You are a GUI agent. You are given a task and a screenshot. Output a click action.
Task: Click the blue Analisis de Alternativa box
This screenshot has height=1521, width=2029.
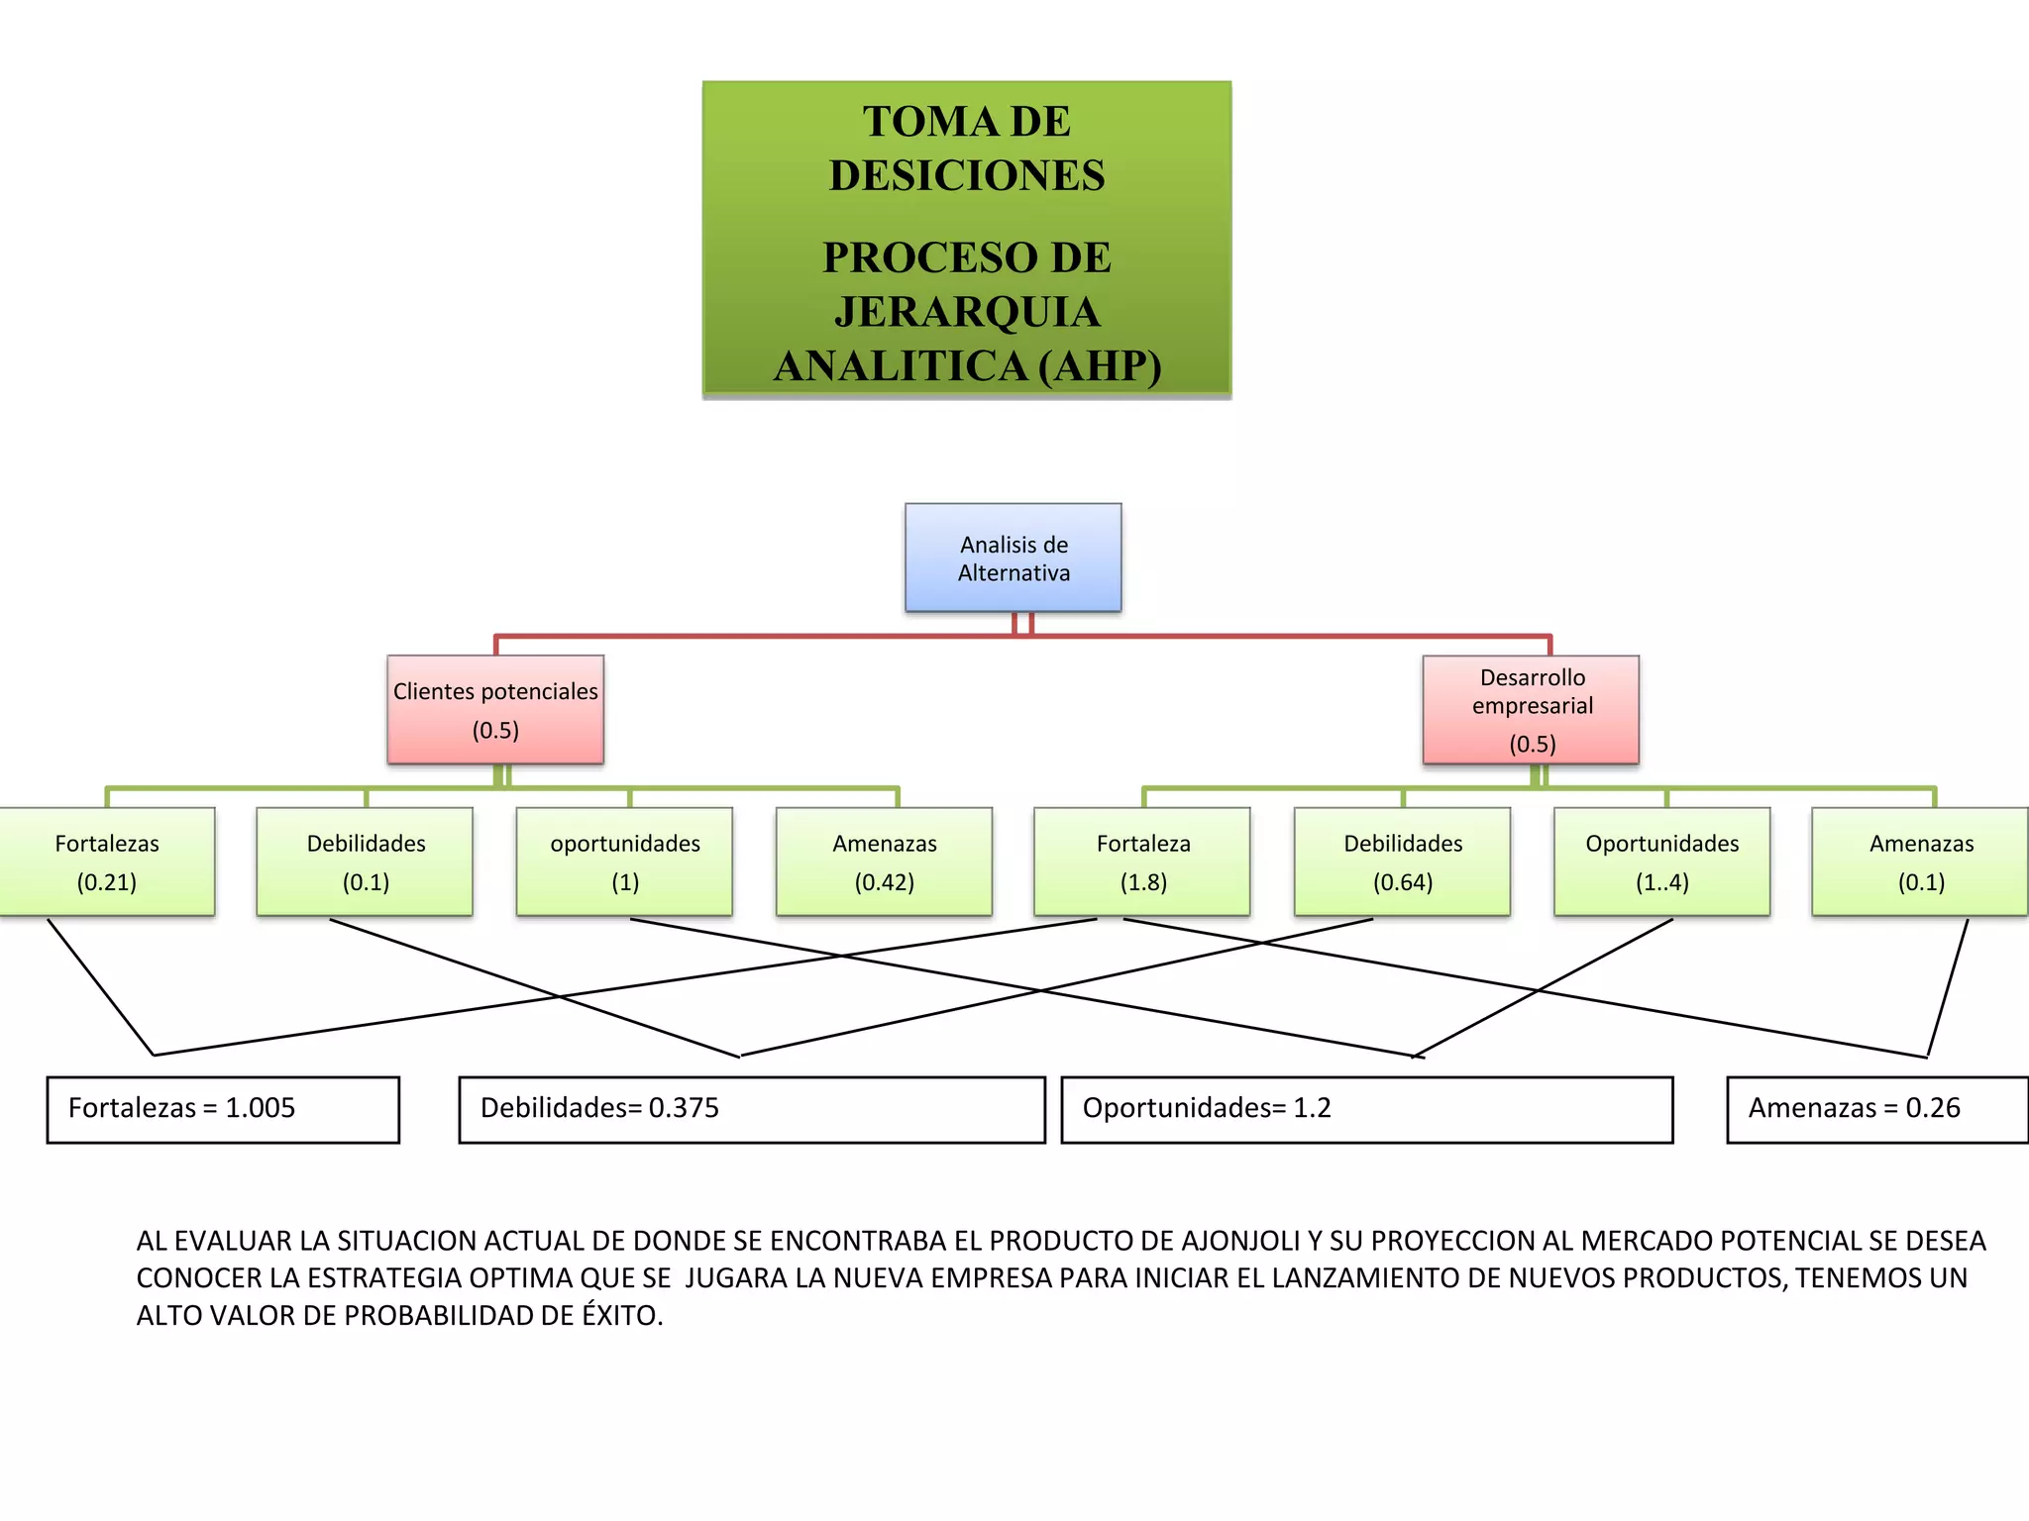[1013, 558]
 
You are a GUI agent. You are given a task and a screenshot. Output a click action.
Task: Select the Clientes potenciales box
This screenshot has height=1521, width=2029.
[495, 709]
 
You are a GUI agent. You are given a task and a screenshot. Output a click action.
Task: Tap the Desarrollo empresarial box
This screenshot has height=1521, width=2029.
[1531, 709]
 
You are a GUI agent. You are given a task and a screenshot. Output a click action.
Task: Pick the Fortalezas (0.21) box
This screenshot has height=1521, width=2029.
[106, 862]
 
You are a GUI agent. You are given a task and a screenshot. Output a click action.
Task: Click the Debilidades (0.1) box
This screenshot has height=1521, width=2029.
[365, 862]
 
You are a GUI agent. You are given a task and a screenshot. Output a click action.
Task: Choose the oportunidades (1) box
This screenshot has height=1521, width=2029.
[624, 862]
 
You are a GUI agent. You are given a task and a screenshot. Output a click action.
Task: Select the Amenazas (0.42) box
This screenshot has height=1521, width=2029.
[884, 862]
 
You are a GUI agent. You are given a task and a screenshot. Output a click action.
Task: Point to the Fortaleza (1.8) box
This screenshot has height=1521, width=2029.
[1142, 862]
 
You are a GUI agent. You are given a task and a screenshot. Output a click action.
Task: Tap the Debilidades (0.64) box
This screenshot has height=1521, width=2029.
[1402, 862]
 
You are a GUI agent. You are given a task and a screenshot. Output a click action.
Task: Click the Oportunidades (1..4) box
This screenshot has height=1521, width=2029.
[1661, 862]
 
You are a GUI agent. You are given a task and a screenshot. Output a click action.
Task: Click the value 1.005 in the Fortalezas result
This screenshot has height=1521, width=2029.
[260, 1108]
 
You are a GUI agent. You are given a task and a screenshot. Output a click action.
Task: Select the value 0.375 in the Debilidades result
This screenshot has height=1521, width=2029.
[684, 1108]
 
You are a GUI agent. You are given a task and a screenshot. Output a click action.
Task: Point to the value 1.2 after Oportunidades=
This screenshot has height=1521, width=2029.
[1312, 1108]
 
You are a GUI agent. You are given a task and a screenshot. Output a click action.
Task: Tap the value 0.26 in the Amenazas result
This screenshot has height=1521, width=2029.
[1932, 1108]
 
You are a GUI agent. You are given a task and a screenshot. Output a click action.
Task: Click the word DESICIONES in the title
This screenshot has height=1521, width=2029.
[967, 175]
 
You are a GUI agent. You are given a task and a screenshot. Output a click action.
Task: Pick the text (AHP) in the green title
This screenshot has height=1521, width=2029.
[1100, 365]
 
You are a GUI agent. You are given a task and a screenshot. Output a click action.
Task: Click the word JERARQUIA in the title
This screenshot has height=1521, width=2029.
[967, 312]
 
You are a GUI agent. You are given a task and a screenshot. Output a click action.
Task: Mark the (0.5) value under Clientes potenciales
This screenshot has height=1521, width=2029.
[495, 731]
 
